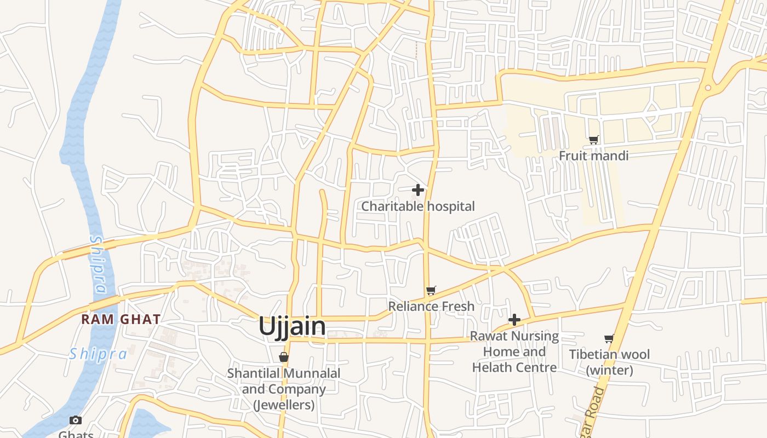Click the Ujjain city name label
[292, 326]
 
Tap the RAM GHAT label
[121, 319]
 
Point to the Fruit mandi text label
[593, 156]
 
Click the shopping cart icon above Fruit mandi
[593, 140]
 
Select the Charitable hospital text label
[418, 206]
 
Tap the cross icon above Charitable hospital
[418, 190]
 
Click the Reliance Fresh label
[431, 306]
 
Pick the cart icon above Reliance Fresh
[431, 290]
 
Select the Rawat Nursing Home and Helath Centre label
[514, 351]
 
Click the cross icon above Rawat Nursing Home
[514, 320]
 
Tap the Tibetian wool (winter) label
[609, 362]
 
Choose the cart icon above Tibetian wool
[609, 339]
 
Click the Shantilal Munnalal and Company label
[284, 389]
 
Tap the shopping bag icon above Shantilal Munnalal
[284, 357]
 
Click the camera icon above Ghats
[76, 420]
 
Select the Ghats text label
[76, 434]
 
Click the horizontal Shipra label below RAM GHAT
[98, 354]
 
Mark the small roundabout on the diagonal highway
[708, 88]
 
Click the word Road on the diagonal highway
[598, 402]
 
